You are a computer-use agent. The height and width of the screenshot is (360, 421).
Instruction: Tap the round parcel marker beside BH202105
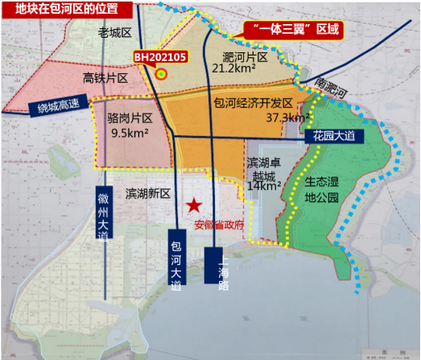161,74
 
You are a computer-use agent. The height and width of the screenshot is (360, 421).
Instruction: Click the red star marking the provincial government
192,205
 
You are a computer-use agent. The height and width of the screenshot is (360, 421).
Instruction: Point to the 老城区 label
114,33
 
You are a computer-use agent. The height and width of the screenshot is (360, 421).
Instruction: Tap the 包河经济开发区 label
253,103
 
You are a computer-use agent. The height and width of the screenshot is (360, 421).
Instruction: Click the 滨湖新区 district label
148,194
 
